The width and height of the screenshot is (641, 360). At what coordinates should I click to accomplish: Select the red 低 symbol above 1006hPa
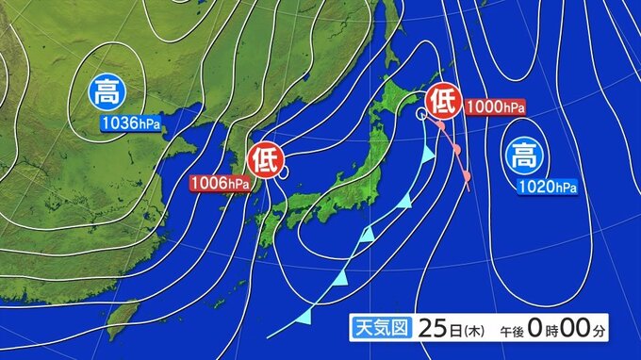pos(264,157)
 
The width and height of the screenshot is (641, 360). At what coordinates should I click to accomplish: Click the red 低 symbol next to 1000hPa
pos(443,100)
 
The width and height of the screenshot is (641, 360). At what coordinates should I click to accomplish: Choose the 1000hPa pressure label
pos(493,106)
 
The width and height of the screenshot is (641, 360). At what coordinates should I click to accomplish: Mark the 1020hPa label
pos(547,187)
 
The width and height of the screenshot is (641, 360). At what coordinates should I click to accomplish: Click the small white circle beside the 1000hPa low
pos(420,113)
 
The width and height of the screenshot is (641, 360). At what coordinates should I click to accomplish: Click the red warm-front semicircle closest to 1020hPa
pos(466,172)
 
